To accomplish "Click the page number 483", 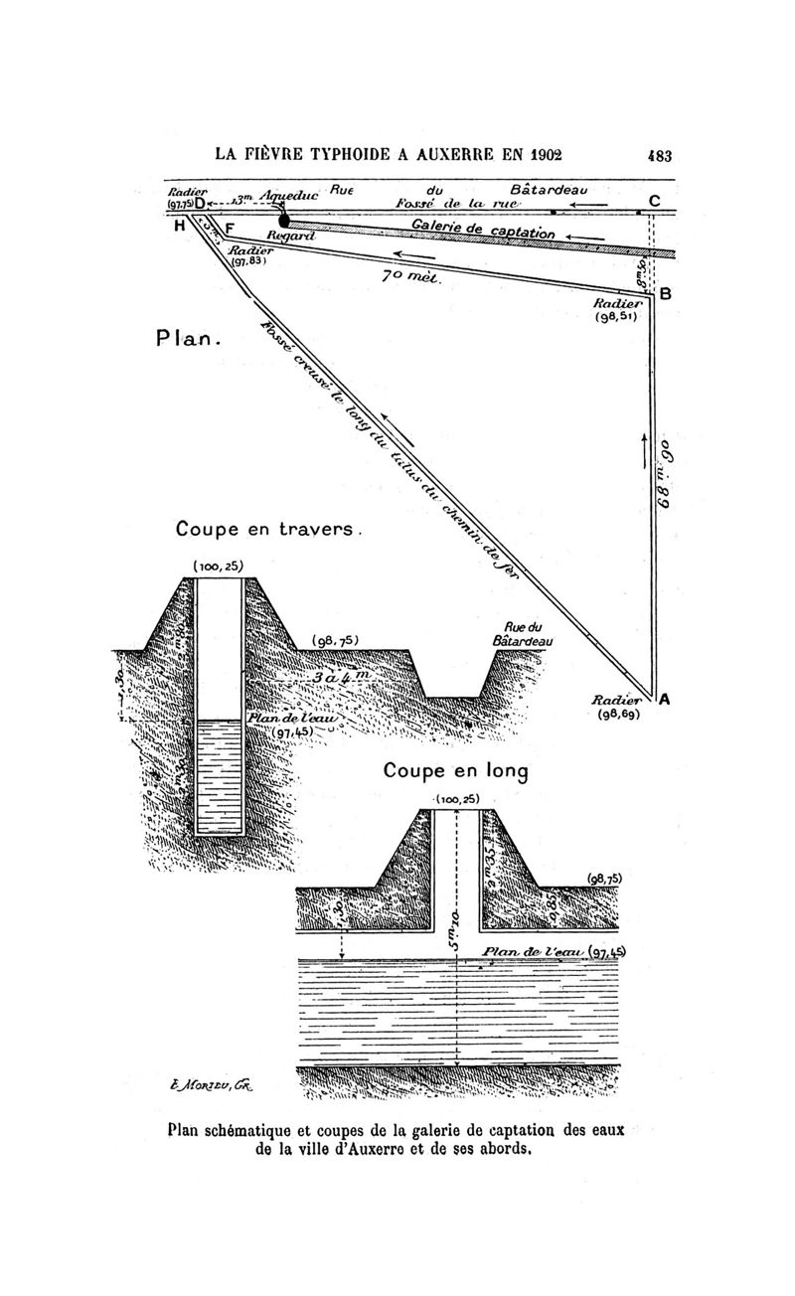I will coord(660,155).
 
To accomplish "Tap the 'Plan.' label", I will coord(186,339).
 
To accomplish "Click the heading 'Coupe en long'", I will coord(455,770).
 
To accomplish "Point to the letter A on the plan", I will coord(664,699).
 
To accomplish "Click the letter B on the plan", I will coord(665,294).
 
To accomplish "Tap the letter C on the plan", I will coord(654,201).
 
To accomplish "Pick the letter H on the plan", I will coord(179,226).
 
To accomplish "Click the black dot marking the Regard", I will coord(284,221).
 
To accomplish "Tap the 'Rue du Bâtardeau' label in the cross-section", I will coord(522,634).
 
